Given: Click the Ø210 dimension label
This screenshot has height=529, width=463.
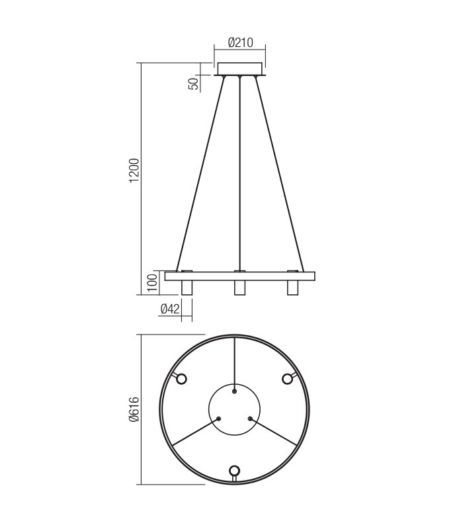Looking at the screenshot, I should (x=240, y=42).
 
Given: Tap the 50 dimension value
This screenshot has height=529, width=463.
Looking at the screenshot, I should (x=194, y=84).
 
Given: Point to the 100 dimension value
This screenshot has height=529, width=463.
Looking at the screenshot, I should (x=151, y=282).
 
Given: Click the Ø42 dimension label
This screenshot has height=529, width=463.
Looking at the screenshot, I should (x=171, y=309).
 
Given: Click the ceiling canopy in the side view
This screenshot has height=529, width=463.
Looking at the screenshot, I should (x=239, y=69).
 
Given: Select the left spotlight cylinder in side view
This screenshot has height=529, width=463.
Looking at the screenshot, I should (x=187, y=288).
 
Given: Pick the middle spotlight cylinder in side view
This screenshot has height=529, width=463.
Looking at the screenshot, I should (x=239, y=288).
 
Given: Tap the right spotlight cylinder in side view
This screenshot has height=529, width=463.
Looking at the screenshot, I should (x=292, y=288).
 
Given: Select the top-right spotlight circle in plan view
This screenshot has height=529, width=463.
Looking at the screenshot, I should (x=288, y=378).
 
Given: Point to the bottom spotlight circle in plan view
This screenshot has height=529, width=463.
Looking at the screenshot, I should (x=234, y=471).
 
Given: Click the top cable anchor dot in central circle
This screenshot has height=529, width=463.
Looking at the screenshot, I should (x=234, y=391).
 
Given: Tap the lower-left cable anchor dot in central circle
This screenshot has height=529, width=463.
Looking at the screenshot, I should (x=219, y=418).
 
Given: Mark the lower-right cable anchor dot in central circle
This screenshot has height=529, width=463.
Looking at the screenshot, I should (x=250, y=418).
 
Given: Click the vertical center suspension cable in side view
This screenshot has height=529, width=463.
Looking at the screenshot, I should (x=239, y=172).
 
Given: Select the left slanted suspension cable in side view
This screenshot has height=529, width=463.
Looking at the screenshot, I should (x=200, y=172).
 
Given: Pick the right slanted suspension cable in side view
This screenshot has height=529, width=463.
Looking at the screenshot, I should (x=278, y=172).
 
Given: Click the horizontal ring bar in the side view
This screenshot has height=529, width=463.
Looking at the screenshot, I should (x=239, y=276).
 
